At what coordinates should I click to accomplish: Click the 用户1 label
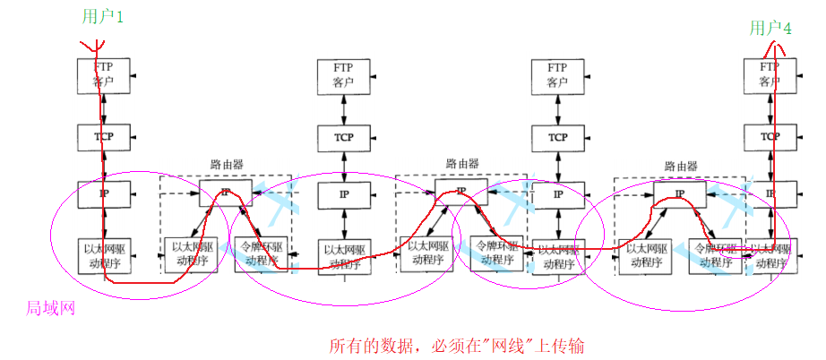[104, 16]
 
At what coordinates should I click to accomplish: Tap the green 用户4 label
[770, 29]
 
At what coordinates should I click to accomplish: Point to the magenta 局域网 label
[50, 308]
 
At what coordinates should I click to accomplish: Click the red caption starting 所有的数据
[458, 345]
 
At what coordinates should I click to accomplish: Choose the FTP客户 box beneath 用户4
[770, 74]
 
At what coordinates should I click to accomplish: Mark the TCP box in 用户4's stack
[770, 137]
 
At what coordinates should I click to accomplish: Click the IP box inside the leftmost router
[225, 193]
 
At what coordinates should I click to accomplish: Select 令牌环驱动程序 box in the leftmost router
[260, 253]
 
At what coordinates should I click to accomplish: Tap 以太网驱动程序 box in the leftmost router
[190, 253]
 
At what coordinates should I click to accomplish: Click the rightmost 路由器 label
[681, 166]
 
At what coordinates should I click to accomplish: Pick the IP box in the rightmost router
[679, 193]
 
